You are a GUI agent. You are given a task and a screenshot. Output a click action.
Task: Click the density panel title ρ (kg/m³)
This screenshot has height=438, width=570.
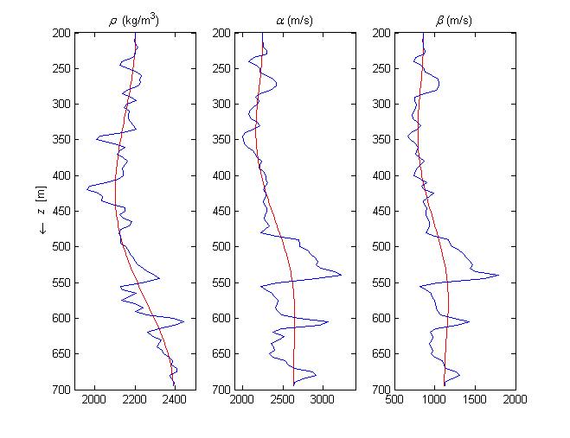tap(135, 19)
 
